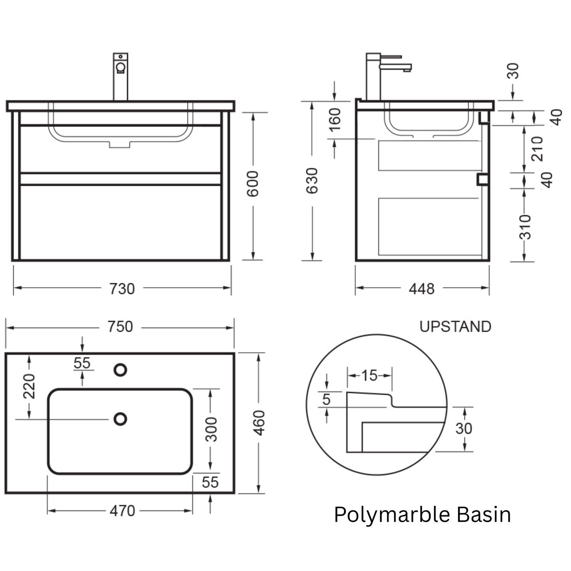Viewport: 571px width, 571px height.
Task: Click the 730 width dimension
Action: (x=122, y=289)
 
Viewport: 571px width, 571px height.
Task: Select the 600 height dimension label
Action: (x=253, y=184)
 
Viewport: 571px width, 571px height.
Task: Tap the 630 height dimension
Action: (x=312, y=181)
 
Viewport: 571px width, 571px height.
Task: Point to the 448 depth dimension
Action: (x=422, y=289)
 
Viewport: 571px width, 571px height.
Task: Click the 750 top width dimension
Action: (x=120, y=327)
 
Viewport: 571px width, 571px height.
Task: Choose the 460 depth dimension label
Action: (x=259, y=423)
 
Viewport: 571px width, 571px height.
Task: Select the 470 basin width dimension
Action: (x=122, y=511)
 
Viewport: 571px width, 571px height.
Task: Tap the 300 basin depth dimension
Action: (x=211, y=430)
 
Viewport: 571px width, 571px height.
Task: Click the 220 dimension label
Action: (x=29, y=386)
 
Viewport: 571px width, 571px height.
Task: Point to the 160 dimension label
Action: (x=335, y=120)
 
